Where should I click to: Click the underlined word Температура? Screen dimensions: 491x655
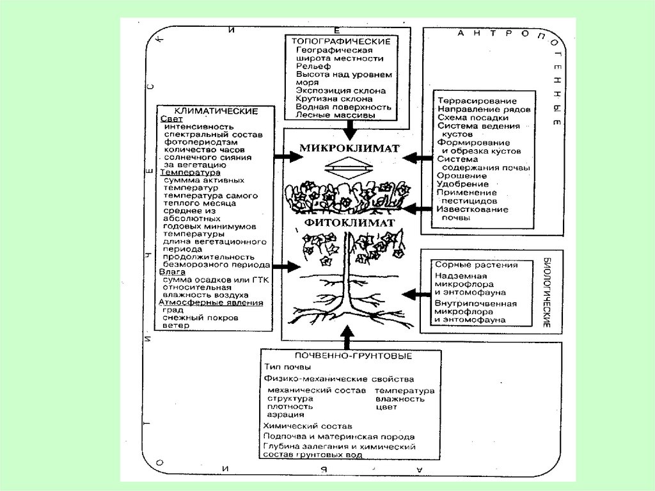pos(191,172)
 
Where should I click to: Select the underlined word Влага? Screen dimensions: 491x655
pos(173,271)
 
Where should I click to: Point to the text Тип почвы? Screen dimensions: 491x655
pos(288,367)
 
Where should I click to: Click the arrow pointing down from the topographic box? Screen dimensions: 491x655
pos(349,130)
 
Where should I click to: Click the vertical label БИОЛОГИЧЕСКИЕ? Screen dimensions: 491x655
pos(548,293)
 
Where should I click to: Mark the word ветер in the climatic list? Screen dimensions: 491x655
pos(176,325)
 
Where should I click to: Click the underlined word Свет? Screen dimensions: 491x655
pos(171,119)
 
